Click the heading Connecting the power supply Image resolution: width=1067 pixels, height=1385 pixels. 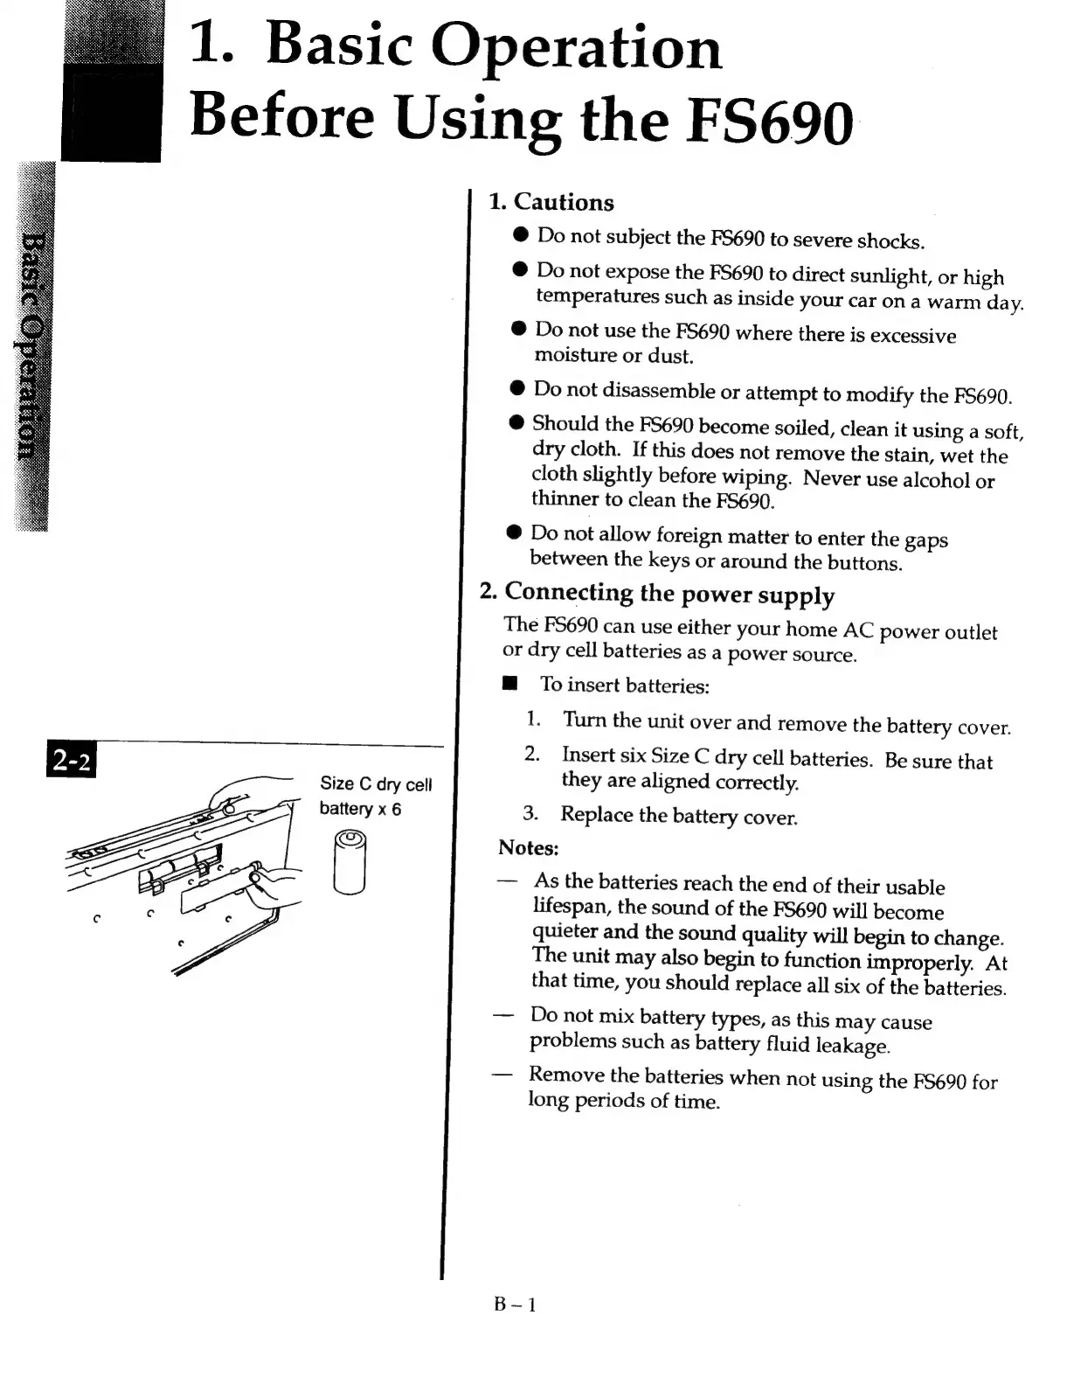pyautogui.click(x=669, y=594)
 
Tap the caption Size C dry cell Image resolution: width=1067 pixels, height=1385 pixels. pyautogui.click(x=376, y=783)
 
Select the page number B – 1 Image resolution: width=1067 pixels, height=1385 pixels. pyautogui.click(x=515, y=1305)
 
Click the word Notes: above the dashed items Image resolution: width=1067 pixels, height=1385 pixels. pyautogui.click(x=528, y=847)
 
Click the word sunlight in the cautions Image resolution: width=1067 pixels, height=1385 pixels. pyautogui.click(x=883, y=276)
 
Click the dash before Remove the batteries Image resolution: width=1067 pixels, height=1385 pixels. pyautogui.click(x=502, y=1075)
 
